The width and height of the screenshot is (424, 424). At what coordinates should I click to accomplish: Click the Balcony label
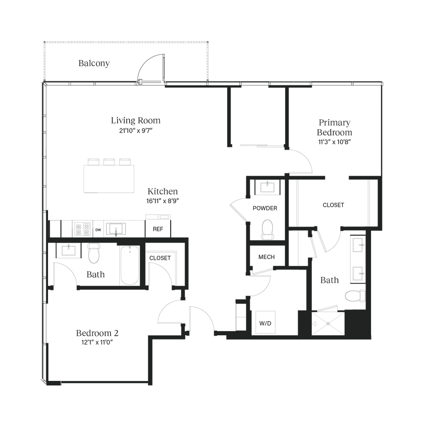pos(94,63)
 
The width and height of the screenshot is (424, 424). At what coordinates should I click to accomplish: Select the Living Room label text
pos(135,121)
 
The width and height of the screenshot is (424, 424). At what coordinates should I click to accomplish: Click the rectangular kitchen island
pos(109,179)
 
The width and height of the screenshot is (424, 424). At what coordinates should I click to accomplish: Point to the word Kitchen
pos(163,191)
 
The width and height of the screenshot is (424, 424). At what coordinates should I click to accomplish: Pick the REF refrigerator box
pos(158,228)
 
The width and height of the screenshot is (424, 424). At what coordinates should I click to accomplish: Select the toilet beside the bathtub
pos(94,254)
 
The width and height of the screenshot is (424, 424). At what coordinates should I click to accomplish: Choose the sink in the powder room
pos(265,187)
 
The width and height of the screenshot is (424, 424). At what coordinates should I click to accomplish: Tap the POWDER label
pos(265,208)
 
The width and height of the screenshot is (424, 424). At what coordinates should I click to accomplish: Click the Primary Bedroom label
pos(335,128)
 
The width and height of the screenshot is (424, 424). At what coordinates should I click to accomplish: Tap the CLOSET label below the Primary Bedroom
pos(333,205)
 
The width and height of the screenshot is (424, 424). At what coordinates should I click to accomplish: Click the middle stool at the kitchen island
pos(109,161)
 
